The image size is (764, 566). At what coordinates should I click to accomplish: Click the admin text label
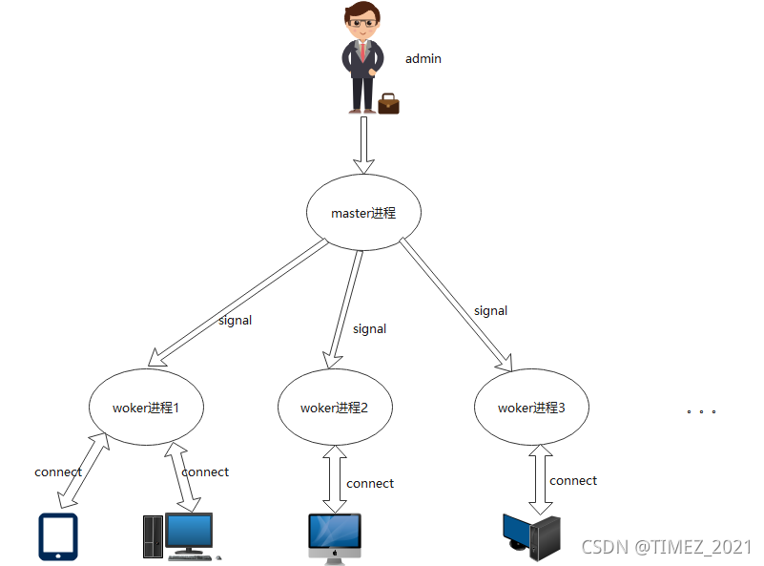[423, 58]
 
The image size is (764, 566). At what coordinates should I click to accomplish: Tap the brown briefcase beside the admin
[388, 103]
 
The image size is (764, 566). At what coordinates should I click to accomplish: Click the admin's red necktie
[363, 52]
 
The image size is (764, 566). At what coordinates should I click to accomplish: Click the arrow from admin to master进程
[363, 145]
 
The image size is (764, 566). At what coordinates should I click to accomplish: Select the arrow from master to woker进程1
[237, 303]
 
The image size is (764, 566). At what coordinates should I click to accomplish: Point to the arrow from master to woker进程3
[456, 304]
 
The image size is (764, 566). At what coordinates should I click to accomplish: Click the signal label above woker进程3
[490, 311]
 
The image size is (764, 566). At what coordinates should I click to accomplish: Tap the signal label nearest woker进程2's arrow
[369, 329]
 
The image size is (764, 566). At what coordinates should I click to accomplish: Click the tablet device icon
[58, 536]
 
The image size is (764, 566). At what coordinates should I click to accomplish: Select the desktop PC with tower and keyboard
[182, 536]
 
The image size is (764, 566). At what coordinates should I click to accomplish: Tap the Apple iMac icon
[335, 538]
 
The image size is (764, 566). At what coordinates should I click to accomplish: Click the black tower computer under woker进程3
[531, 537]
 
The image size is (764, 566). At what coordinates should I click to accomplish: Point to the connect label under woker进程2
[370, 484]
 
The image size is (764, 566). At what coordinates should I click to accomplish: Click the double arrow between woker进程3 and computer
[541, 479]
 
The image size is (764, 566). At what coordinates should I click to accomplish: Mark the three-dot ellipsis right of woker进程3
[701, 411]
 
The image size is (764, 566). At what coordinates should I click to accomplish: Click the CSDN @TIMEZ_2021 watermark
[667, 547]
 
